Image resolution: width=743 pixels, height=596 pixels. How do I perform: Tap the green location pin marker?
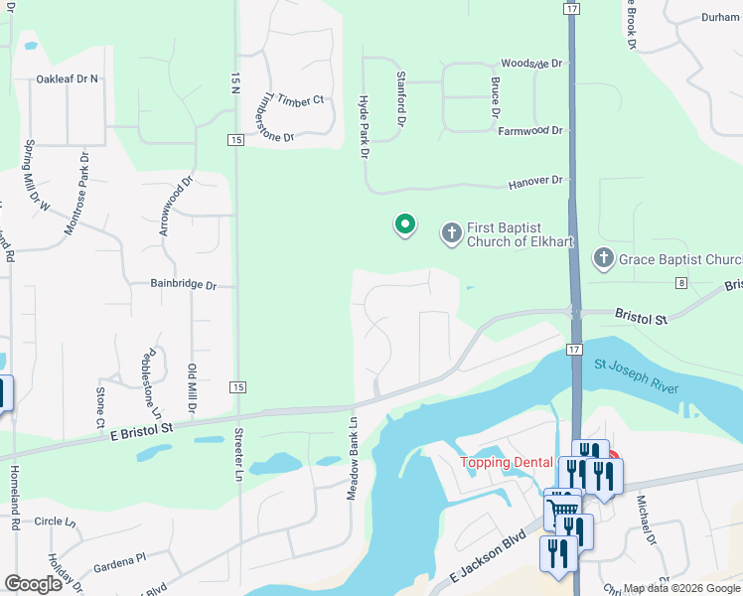click(405, 225)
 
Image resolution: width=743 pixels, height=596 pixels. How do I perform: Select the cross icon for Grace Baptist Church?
click(603, 259)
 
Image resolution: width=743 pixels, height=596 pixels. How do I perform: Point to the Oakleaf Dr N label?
click(68, 78)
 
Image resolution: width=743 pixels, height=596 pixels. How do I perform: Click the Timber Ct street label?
click(301, 100)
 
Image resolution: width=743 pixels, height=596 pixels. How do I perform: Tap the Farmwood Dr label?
click(530, 130)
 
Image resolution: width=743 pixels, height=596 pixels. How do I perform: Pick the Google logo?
click(33, 584)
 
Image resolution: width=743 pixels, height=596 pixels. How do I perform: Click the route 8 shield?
click(680, 283)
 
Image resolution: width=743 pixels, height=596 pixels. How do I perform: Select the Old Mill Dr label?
click(193, 388)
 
